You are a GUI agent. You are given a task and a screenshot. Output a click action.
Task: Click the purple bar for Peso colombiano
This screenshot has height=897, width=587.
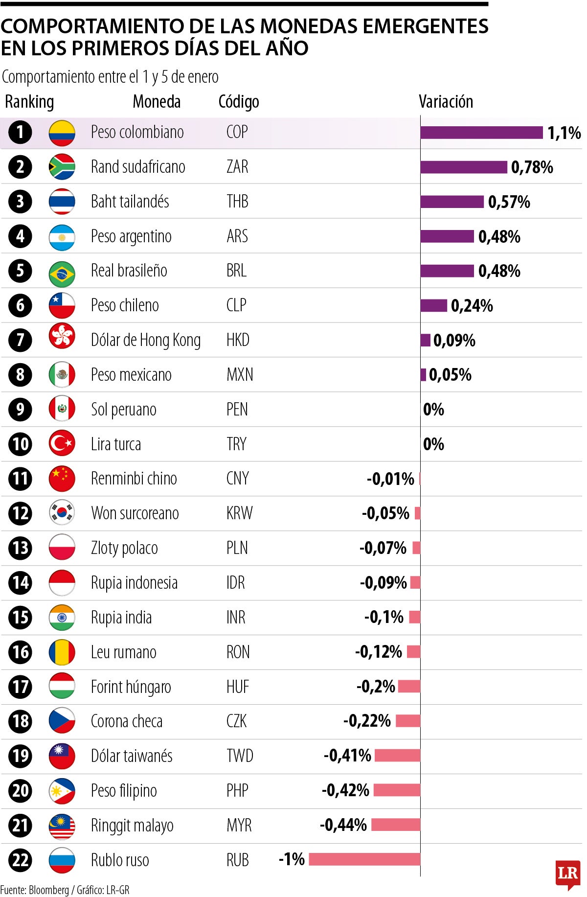tap(481, 133)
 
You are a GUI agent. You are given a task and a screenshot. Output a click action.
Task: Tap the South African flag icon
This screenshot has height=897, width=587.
tap(62, 167)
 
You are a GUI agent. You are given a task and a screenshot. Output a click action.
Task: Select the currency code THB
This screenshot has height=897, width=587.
tap(237, 202)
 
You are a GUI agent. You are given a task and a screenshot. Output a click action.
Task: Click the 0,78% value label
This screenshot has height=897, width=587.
tap(532, 167)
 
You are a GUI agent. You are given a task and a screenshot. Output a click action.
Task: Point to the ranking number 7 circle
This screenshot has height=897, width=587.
tap(20, 340)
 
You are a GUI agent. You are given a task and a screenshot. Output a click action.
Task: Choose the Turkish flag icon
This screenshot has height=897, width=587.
tap(62, 444)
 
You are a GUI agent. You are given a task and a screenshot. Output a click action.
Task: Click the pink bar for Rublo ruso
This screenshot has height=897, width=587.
tap(364, 859)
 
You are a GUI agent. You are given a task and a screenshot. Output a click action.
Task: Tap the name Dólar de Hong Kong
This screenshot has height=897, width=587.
tap(145, 340)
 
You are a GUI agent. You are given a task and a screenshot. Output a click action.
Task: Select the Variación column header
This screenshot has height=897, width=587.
tap(446, 102)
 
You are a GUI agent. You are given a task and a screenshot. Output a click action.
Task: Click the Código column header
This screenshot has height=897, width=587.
tap(239, 102)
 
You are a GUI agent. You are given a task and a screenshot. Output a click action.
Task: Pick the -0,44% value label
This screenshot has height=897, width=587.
tap(343, 825)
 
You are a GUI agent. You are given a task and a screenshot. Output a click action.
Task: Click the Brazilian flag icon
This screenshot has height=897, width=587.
tap(62, 271)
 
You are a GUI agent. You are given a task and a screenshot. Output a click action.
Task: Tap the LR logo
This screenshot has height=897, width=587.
tap(567, 874)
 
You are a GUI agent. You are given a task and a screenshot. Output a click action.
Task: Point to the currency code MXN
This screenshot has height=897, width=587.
tap(240, 375)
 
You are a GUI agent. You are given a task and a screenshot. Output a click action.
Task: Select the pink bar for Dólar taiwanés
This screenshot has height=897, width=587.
tap(397, 756)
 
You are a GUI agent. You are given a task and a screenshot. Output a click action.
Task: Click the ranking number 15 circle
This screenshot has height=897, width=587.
tap(20, 617)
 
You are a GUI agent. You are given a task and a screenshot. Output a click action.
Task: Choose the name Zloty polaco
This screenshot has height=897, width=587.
tap(124, 548)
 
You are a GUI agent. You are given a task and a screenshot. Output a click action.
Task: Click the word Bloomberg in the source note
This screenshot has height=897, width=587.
tap(49, 890)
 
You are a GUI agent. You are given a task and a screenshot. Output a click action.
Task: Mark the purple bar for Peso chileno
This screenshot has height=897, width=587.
tap(433, 306)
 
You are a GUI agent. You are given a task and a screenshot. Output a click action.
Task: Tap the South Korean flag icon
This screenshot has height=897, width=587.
tap(62, 513)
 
